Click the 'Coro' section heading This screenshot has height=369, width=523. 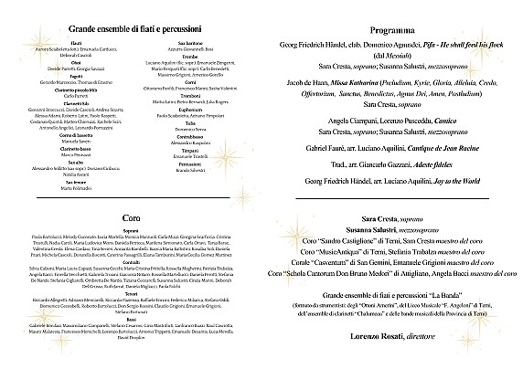click(x=130, y=216)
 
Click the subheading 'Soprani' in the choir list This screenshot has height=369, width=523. click(x=130, y=230)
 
